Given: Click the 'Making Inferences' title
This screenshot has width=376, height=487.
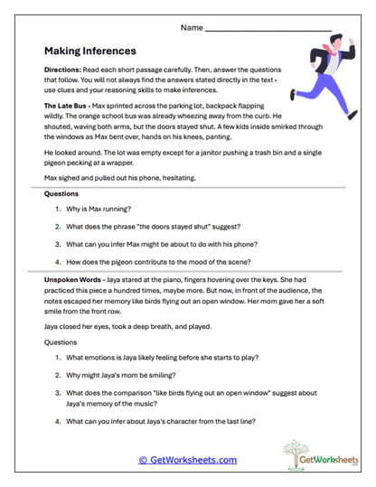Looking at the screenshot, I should pyautogui.click(x=89, y=52).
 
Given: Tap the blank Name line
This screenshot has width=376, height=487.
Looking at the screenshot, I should pyautogui.click(x=268, y=30).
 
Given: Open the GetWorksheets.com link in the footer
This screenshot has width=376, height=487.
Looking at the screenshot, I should pyautogui.click(x=188, y=460).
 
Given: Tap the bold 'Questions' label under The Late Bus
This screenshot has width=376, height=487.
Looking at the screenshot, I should pyautogui.click(x=61, y=193).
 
